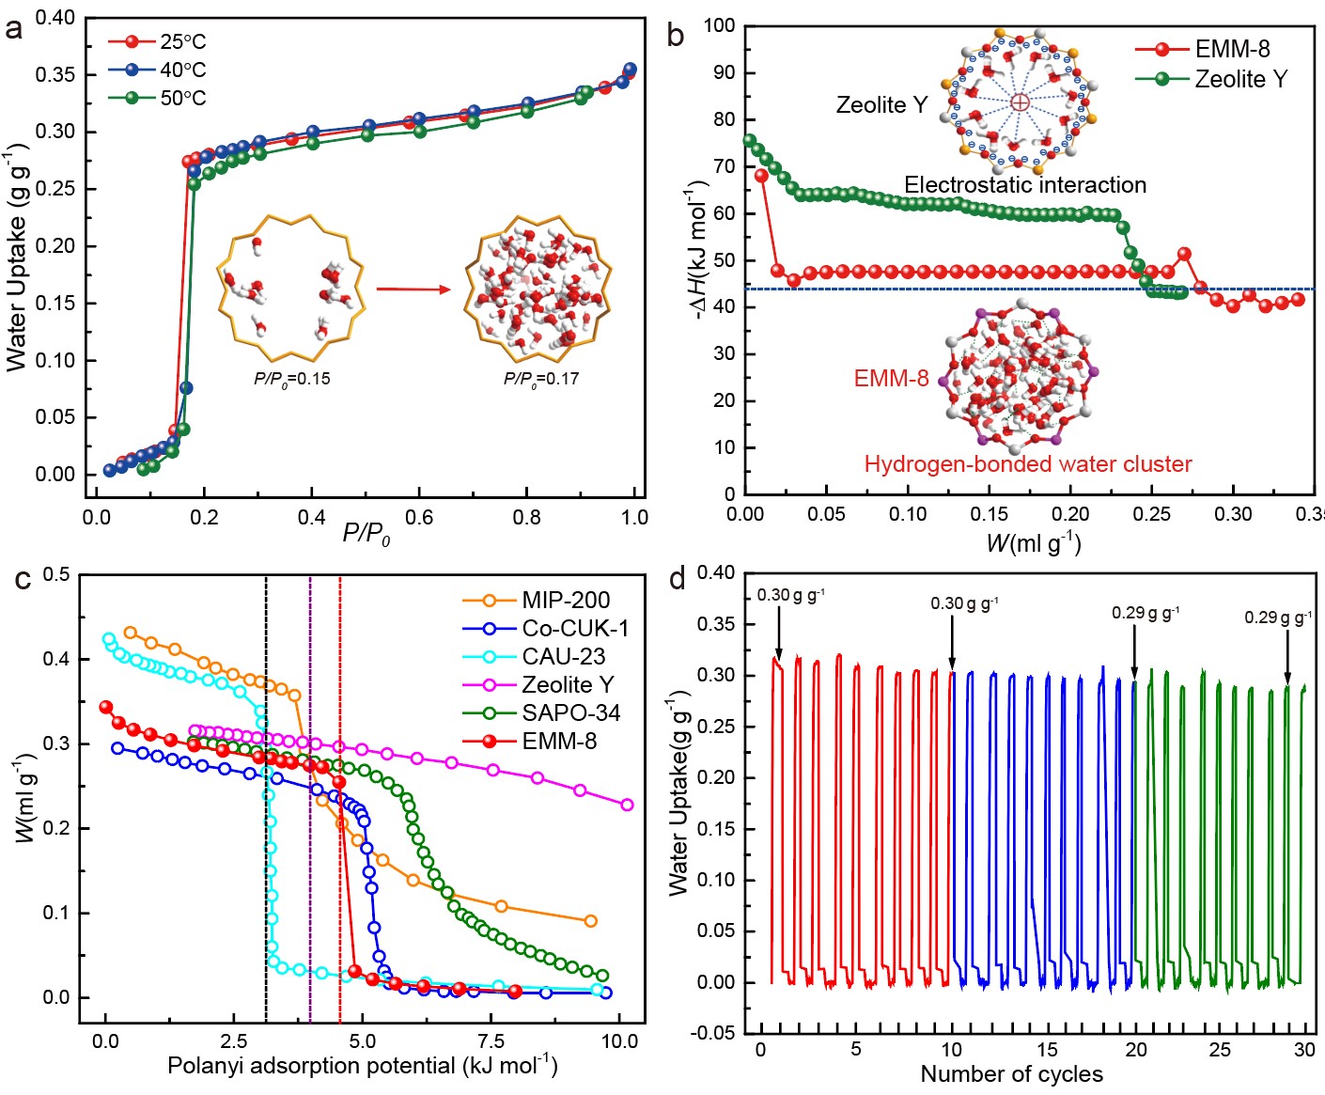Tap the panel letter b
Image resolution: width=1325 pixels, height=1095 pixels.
click(x=675, y=36)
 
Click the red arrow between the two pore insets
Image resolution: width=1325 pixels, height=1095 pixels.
click(x=413, y=289)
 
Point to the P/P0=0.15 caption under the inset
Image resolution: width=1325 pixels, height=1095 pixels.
click(x=291, y=379)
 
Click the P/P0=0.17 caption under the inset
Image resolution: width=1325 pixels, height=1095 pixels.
click(x=540, y=379)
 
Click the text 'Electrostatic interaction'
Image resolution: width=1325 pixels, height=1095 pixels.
click(x=1025, y=184)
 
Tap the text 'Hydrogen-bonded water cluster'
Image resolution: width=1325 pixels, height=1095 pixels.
click(x=1027, y=464)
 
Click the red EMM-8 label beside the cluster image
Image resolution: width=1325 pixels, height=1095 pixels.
click(x=891, y=379)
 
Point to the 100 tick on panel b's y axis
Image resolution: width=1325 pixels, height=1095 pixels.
click(x=719, y=25)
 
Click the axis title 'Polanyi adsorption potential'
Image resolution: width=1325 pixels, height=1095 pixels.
click(x=362, y=1066)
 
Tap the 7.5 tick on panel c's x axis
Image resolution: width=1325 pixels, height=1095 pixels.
click(x=491, y=1040)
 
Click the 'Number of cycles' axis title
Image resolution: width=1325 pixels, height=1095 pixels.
click(x=1011, y=1074)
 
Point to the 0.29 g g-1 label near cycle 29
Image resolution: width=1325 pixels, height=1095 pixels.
click(x=1278, y=618)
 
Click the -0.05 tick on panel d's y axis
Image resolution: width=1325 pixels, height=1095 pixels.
click(x=719, y=1033)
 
